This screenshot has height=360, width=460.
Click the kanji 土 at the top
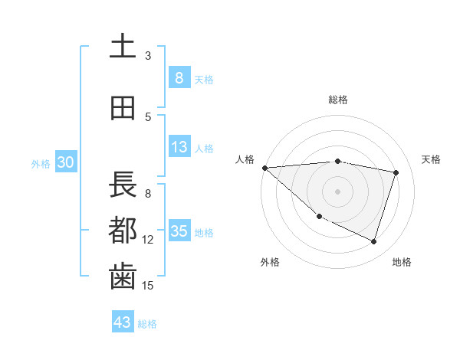123,47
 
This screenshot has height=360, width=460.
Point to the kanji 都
123,231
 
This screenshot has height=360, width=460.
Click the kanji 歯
123,277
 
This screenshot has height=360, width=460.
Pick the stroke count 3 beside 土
148,56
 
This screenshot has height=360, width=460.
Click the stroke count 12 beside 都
148,240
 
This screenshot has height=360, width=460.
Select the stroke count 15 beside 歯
148,286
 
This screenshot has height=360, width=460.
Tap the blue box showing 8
179,77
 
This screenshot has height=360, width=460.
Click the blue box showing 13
179,147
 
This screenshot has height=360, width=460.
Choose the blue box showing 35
179,231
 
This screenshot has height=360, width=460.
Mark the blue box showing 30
65,162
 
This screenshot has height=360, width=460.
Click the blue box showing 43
122,322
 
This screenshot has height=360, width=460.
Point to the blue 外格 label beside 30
41,163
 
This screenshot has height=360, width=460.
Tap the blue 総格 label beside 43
147,324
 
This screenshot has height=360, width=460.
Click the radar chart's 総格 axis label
338,100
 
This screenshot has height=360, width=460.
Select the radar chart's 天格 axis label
432,159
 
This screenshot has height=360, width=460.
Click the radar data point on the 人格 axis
264,168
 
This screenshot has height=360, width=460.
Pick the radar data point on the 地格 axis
373,242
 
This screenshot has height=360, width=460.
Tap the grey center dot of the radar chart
337,191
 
